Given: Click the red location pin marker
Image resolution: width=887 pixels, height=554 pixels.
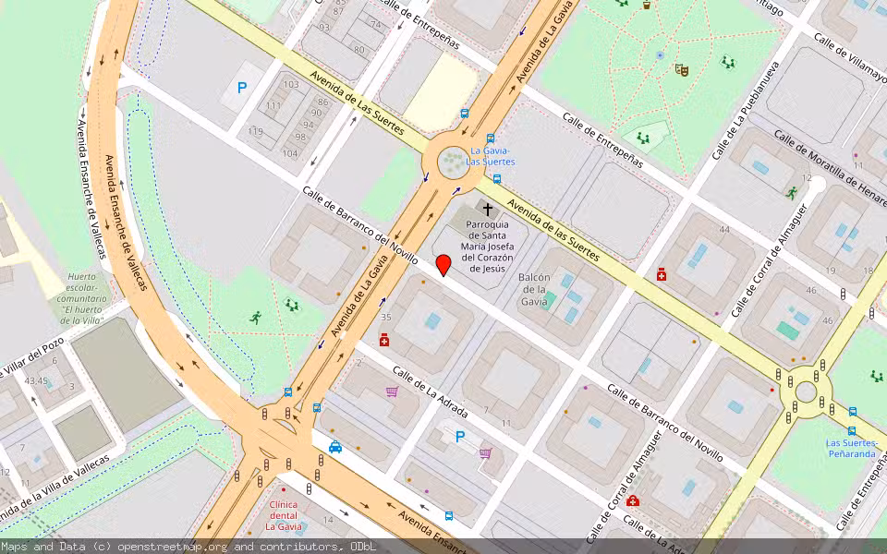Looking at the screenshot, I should (443, 265).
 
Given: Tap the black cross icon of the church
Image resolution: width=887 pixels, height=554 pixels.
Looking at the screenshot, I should (488, 210).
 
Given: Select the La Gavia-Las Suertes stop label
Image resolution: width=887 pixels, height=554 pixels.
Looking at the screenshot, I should (492, 156).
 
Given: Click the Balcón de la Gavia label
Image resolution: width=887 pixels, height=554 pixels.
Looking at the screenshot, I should (534, 289).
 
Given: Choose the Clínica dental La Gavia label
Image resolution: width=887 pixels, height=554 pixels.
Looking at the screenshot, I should (284, 515).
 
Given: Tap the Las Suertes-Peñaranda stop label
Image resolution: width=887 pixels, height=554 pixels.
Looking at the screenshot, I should (851, 448).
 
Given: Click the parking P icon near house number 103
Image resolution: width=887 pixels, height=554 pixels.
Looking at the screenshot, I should (242, 89).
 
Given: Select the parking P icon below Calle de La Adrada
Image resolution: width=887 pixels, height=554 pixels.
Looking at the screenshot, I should (460, 437).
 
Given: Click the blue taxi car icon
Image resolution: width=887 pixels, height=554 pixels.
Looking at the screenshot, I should (335, 448).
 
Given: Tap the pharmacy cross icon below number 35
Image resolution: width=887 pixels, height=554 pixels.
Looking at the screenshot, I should (384, 340).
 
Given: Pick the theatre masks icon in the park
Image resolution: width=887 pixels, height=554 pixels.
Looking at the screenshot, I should (682, 69).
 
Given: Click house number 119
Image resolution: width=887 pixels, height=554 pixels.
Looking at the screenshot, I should (256, 131).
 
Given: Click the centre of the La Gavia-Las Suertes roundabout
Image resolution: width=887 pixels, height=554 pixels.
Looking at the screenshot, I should (453, 163).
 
